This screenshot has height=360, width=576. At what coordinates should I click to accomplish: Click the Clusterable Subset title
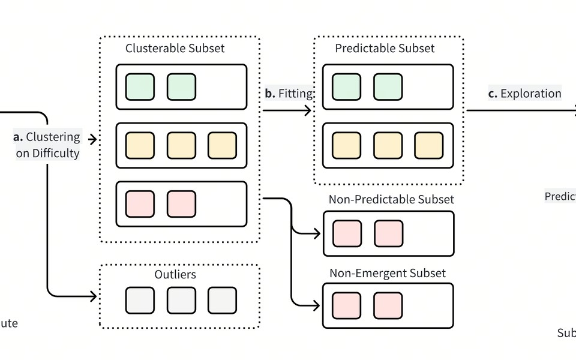click(175, 49)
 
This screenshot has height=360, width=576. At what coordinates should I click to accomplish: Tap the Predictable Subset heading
click(385, 49)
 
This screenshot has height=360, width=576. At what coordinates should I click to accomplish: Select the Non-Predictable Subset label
click(391, 199)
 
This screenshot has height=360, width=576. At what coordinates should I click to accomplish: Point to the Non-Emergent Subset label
click(388, 274)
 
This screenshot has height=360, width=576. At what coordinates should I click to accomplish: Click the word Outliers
click(175, 275)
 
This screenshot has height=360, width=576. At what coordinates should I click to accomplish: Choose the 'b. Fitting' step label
click(289, 94)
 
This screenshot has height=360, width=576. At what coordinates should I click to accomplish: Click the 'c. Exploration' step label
click(524, 94)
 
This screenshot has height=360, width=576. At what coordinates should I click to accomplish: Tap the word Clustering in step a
click(53, 137)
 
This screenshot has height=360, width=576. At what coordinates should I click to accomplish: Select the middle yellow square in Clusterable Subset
click(181, 146)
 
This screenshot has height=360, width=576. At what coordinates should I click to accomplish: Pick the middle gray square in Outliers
click(181, 301)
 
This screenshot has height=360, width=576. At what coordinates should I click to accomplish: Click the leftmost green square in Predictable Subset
click(346, 87)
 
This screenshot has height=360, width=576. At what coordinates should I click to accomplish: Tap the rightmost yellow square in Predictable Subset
click(429, 146)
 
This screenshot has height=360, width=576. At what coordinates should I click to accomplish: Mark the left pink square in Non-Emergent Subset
click(346, 306)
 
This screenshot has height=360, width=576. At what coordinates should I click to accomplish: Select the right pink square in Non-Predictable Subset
click(388, 234)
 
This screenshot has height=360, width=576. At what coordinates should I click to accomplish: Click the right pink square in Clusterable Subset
click(181, 204)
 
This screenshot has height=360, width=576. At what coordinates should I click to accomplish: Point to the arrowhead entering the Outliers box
click(93, 296)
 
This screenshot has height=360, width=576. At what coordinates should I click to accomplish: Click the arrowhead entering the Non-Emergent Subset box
click(316, 306)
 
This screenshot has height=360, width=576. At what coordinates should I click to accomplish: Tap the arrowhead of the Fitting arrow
click(308, 110)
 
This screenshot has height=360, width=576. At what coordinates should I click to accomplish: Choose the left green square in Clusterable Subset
click(140, 87)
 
